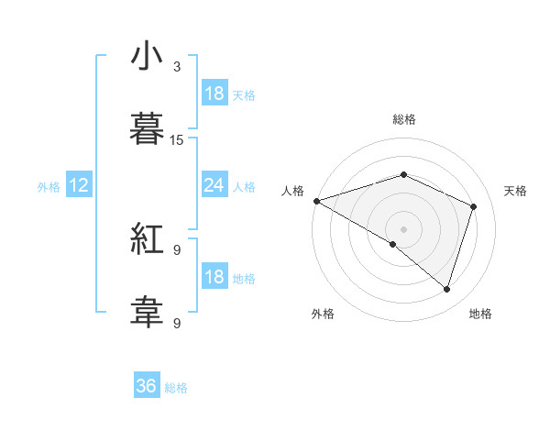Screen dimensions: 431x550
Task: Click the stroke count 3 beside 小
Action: [177, 67]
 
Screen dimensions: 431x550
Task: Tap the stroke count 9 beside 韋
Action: [177, 323]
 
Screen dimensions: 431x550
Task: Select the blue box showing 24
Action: [214, 185]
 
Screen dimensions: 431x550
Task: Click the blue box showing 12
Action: [79, 185]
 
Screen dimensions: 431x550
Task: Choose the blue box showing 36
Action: [146, 386]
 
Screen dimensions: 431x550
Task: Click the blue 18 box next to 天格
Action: [214, 94]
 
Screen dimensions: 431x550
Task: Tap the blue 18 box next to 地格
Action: [214, 277]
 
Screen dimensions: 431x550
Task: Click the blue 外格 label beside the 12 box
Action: [49, 186]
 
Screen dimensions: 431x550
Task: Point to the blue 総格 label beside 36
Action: [176, 387]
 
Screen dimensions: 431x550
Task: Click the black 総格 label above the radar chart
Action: [403, 119]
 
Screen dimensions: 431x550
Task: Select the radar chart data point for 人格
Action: [316, 201]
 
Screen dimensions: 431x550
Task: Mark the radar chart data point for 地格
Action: [446, 290]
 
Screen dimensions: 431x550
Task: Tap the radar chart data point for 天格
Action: [474, 206]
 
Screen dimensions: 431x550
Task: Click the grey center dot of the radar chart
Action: [403, 228]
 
